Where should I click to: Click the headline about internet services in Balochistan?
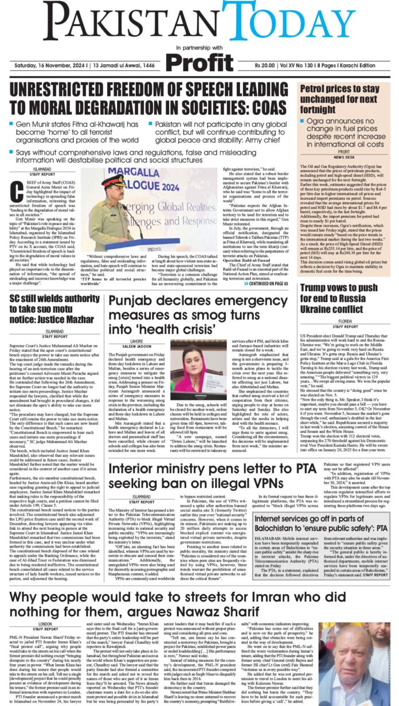[x=320, y=523]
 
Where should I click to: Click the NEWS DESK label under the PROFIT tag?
[x=343, y=157]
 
